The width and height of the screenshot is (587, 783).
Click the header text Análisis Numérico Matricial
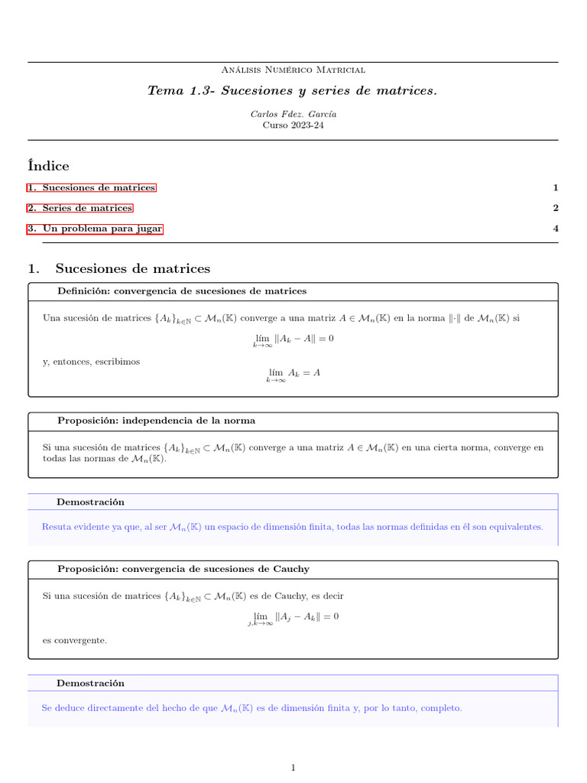click(293, 70)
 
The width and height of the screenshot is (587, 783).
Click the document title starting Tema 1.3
click(293, 91)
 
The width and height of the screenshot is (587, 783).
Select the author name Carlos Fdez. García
click(293, 114)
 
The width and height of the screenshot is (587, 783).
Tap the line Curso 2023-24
click(293, 125)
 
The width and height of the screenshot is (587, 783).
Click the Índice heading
click(48, 165)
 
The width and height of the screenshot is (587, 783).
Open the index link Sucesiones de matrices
click(92, 188)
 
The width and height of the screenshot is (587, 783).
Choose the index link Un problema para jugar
click(96, 229)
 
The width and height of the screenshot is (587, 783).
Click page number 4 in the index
click(556, 229)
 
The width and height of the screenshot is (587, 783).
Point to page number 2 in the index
click(556, 208)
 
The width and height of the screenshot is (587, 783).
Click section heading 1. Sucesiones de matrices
click(118, 268)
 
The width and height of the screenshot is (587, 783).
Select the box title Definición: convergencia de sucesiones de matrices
click(182, 291)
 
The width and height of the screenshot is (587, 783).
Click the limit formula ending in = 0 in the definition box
click(293, 340)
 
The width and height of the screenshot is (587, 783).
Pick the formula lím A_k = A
click(293, 374)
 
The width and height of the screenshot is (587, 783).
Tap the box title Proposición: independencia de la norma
click(156, 421)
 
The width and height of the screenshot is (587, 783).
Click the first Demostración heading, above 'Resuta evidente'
click(90, 502)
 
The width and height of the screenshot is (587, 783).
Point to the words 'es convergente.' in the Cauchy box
click(75, 640)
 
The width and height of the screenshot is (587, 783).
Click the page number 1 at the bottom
click(293, 768)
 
